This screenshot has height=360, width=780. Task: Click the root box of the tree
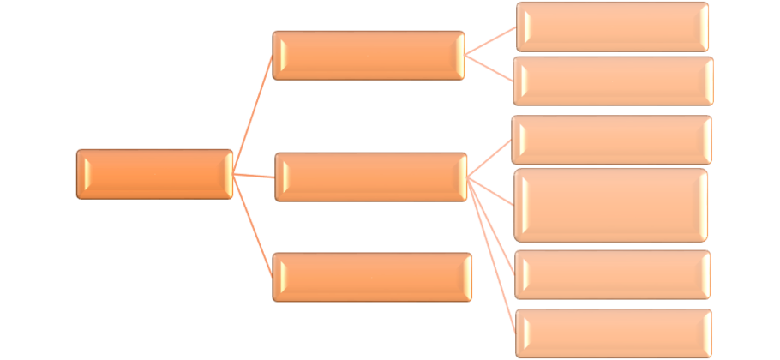click(x=154, y=174)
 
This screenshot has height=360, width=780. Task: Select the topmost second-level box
click(x=369, y=56)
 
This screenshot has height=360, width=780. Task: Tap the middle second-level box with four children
click(x=370, y=177)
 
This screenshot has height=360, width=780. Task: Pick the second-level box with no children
click(x=372, y=276)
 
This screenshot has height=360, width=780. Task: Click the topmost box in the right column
click(x=612, y=27)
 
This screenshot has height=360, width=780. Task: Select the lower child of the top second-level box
click(x=612, y=81)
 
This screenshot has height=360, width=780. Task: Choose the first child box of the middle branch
click(x=612, y=140)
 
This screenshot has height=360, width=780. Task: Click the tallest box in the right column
click(x=611, y=205)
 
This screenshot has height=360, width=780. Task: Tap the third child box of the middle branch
click(x=612, y=274)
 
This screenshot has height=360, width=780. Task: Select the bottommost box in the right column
click(x=614, y=333)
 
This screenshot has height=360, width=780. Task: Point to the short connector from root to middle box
click(x=254, y=176)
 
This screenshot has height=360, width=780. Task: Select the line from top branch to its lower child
click(x=490, y=68)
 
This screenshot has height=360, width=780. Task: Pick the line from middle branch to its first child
click(x=490, y=159)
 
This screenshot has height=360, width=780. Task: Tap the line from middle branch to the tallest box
click(x=492, y=191)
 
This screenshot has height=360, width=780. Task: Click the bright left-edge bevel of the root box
click(x=81, y=174)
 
